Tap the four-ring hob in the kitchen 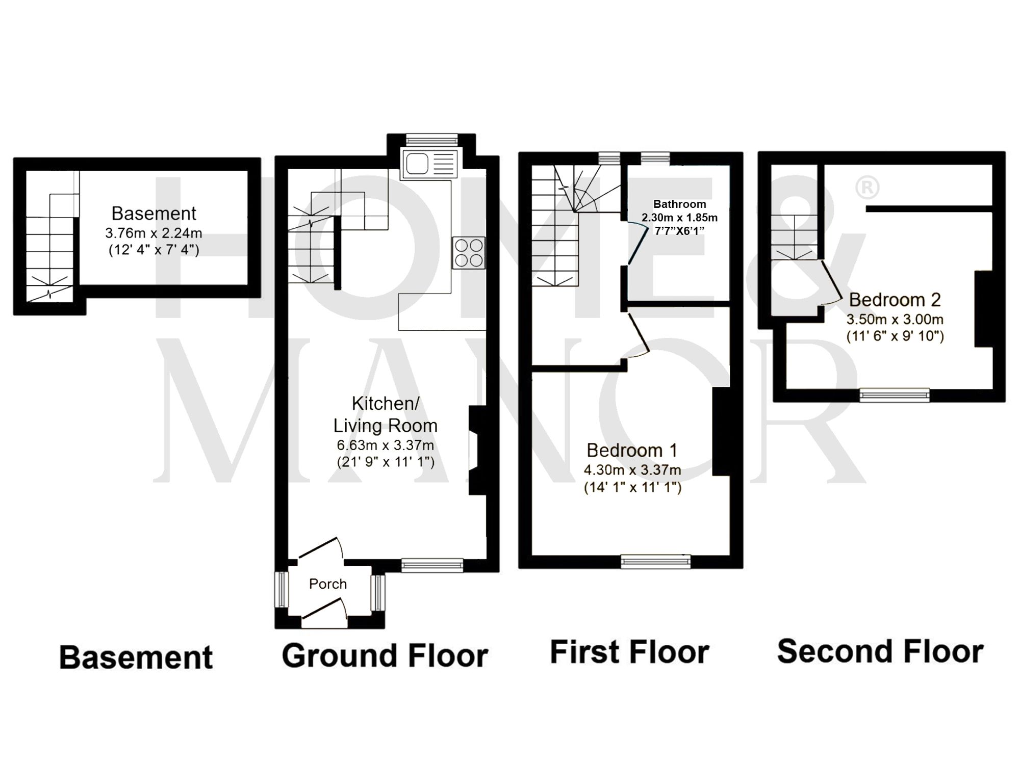point(469,253)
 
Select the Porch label point(328,584)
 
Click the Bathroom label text point(679,204)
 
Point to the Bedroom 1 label point(632,451)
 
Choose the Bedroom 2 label point(895,300)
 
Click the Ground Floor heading point(385,655)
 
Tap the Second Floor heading point(880,652)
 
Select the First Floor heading point(629,652)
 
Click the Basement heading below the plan point(136,657)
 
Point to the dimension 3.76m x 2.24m point(154,233)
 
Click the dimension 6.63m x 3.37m point(385,445)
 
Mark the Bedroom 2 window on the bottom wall point(895,394)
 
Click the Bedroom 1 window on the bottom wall point(656,562)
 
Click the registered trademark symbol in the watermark point(866,188)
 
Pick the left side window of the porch point(282,590)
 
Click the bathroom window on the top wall point(655,159)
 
